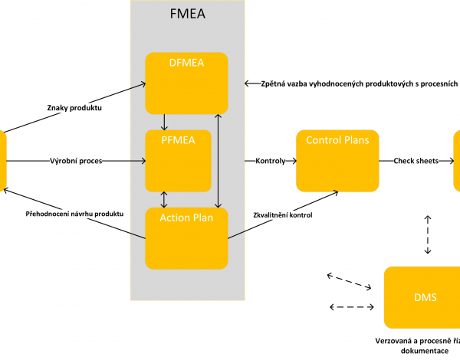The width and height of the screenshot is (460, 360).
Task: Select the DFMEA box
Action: tap(187, 83)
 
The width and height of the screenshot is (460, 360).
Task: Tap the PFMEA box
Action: tap(179, 161)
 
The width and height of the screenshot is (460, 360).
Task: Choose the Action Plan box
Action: tap(187, 238)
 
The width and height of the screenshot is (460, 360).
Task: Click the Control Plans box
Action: tap(337, 161)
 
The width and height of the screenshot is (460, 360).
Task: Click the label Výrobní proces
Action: tap(77, 162)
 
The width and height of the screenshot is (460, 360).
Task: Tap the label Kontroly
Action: tap(269, 162)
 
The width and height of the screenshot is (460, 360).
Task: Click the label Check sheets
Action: tap(416, 162)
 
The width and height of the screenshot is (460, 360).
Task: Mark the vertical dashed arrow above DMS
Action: tap(427, 234)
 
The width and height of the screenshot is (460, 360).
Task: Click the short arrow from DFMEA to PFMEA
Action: tap(163, 122)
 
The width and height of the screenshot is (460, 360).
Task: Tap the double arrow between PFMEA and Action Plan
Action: tap(163, 199)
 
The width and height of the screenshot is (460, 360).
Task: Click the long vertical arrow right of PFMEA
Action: tap(220, 159)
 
